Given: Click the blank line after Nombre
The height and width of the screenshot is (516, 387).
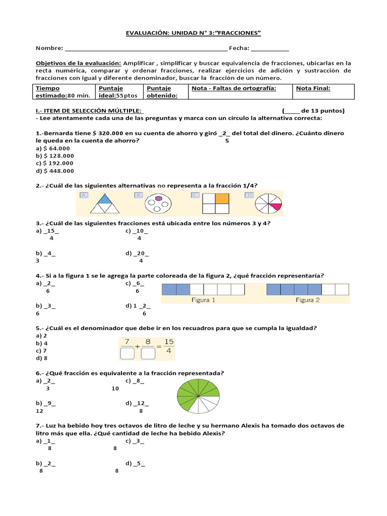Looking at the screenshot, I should click(146, 49).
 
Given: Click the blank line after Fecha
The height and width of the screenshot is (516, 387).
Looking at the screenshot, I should click(270, 49).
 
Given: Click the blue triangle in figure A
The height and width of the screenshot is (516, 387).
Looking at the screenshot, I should click(104, 200).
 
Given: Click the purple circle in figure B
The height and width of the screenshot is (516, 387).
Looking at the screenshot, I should click(158, 199).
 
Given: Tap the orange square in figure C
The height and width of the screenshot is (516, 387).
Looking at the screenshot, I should click(222, 199).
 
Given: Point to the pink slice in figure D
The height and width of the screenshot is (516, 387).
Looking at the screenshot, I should click(275, 206).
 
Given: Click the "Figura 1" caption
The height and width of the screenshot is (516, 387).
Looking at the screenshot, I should click(203, 300).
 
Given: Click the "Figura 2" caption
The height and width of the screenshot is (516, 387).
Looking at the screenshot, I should click(307, 300).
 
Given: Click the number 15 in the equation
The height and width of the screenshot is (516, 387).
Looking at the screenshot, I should click(169, 342).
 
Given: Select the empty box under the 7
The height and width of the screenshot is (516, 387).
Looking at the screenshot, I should click(127, 354).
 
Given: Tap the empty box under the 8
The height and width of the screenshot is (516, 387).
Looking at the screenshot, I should click(148, 354).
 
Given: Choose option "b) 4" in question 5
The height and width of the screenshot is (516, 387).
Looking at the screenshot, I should click(40, 343).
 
